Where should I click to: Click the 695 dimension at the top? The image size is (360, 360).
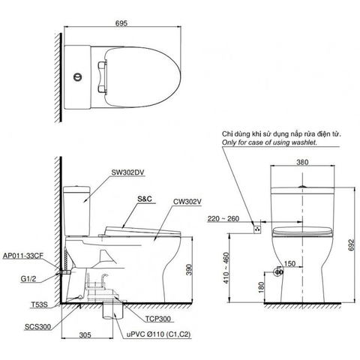pyautogui.click(x=122, y=23)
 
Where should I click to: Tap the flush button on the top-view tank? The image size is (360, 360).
pyautogui.click(x=78, y=76)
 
